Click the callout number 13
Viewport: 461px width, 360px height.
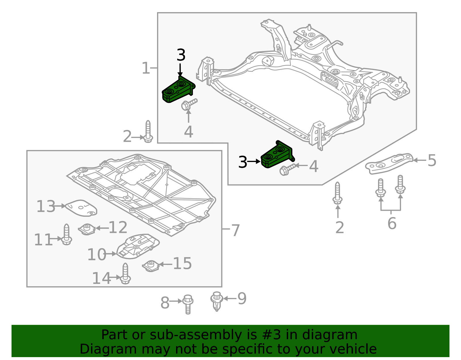coord(46,206)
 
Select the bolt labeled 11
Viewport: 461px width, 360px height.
coord(66,234)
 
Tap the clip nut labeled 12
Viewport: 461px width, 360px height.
coord(87,229)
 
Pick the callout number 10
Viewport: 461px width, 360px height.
coord(97,254)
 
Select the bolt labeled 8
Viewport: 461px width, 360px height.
coord(188,304)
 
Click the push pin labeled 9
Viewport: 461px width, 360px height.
coord(217,301)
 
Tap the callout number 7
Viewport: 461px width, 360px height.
coord(235,231)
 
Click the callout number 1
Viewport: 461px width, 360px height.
coord(146,68)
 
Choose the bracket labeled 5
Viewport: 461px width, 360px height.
coord(389,163)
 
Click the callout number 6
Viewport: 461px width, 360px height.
coord(392,223)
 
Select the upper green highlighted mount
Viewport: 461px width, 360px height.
coord(178,90)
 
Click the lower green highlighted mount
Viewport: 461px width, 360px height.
coord(277,154)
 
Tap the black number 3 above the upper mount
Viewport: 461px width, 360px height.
coord(181,55)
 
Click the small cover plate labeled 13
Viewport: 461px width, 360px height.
coord(81,208)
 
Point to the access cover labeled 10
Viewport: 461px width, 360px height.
coord(138,246)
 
